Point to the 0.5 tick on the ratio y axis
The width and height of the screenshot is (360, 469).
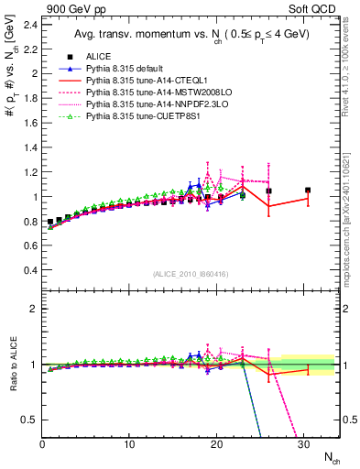(31, 420)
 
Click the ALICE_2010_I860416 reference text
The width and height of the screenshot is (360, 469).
(191, 276)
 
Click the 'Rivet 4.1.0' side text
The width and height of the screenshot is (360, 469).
(351, 87)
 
